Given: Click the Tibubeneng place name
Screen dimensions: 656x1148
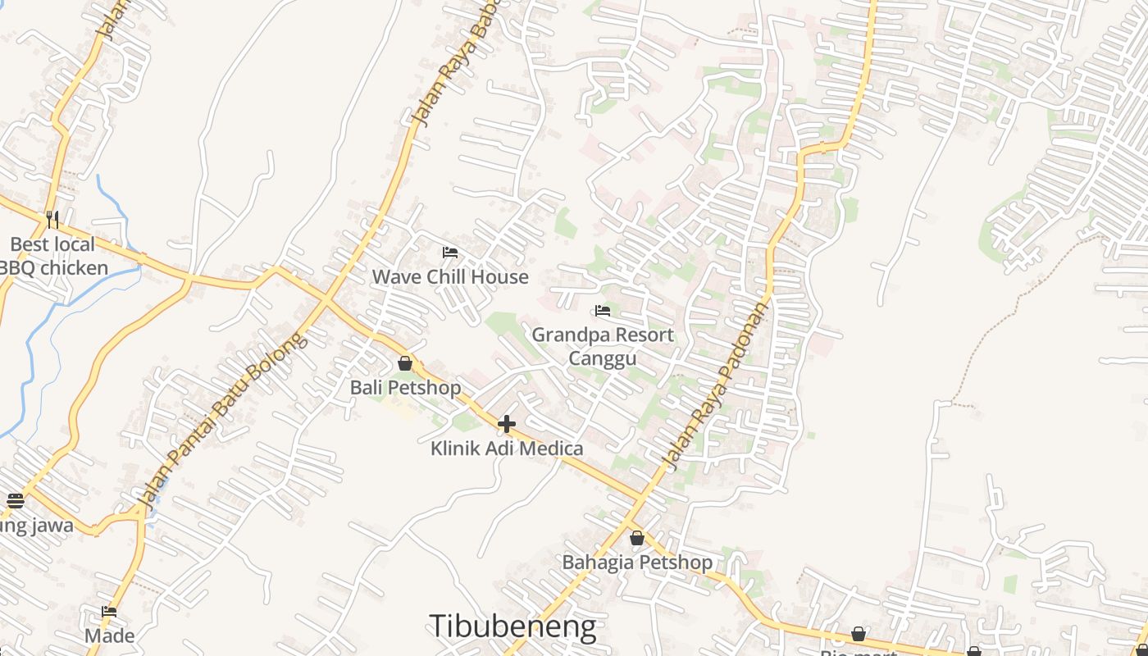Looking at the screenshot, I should point(512,626).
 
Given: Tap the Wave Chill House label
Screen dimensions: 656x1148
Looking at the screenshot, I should point(450,277).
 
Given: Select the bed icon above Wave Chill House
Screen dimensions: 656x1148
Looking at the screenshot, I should point(449,252).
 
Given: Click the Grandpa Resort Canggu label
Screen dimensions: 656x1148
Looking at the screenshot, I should point(603,347).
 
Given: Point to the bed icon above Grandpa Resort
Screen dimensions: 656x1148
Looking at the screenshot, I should point(603,311).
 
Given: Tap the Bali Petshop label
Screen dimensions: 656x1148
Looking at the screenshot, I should point(405,388).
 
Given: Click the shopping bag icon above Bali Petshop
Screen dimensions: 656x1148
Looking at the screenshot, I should point(405,363).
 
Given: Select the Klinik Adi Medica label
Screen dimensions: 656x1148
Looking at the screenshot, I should point(507,449).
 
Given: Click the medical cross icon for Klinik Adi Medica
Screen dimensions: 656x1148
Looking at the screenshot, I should point(507,424).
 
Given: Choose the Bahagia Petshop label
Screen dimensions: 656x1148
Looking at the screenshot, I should point(637,563).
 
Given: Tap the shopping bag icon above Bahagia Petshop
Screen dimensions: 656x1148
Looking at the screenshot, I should point(637,538).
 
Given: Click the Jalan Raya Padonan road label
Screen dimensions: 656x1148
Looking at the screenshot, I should point(717,387).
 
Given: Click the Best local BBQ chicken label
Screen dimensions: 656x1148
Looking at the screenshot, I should point(52,256).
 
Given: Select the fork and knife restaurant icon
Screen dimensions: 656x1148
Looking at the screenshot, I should point(52,219).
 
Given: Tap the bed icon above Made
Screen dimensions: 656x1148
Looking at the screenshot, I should point(109,611).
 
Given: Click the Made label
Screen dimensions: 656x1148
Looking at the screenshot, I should point(109,635).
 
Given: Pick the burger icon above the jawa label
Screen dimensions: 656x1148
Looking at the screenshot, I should point(15,500).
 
